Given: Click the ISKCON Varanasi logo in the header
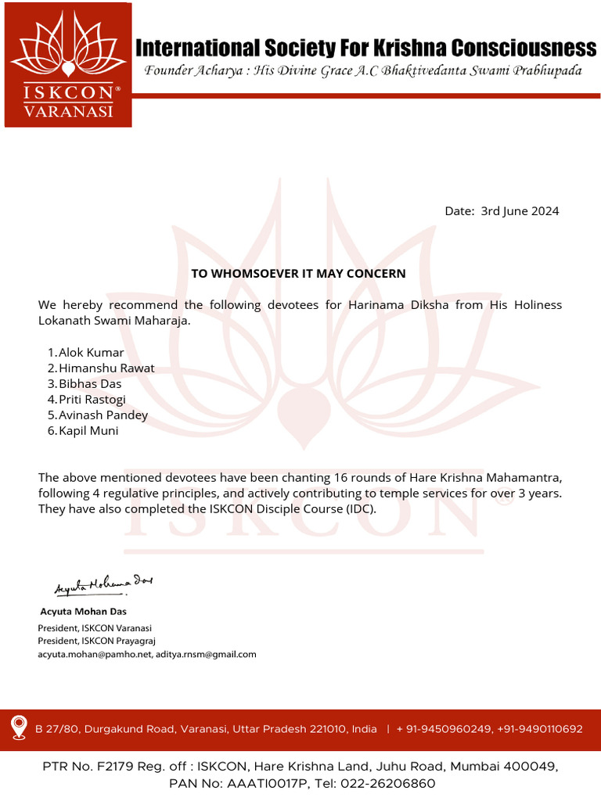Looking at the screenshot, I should [x=67, y=64].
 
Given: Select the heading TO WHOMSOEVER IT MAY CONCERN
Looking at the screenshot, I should [x=299, y=274].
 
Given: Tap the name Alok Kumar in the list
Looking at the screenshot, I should [x=91, y=352].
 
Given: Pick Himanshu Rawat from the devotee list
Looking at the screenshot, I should [x=106, y=368].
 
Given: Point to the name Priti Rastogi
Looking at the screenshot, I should [x=92, y=399].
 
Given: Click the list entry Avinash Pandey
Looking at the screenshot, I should [x=103, y=415].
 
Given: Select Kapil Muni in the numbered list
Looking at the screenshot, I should [x=88, y=430].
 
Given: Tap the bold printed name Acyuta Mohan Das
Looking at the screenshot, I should [x=83, y=612].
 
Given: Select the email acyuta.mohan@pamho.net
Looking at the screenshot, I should [x=94, y=654].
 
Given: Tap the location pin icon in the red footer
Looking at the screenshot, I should [x=19, y=728].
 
